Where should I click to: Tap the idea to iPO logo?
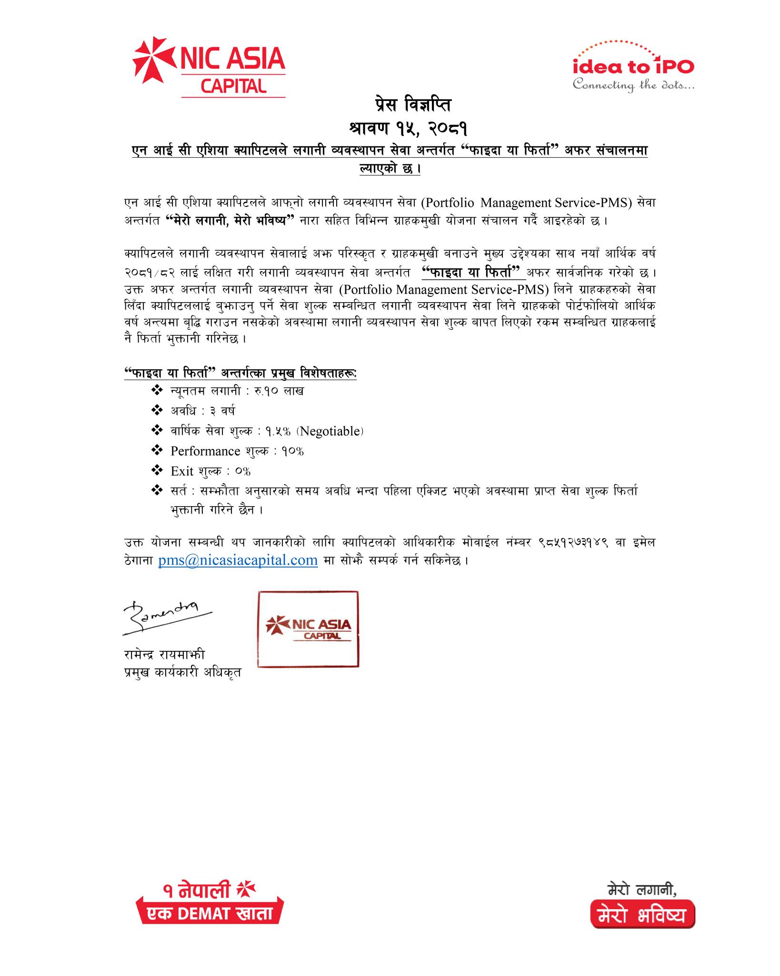coord(633,67)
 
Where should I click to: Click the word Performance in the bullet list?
coord(205,451)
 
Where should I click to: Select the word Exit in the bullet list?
coord(182,471)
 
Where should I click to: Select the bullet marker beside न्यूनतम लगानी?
coord(157,391)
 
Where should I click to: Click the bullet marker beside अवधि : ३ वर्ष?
coord(157,410)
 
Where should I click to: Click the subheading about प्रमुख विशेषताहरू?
coord(240,374)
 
